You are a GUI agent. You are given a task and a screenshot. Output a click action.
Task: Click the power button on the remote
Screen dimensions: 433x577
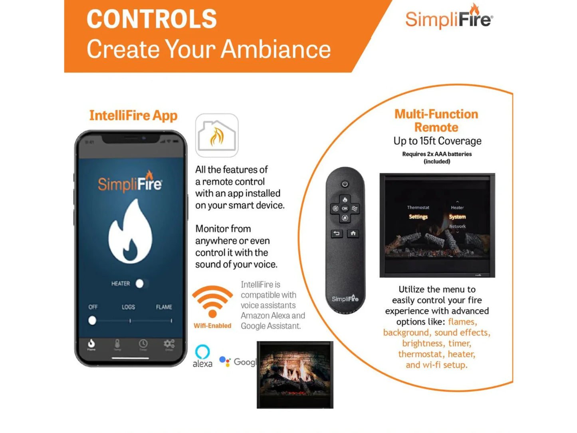pyautogui.click(x=345, y=184)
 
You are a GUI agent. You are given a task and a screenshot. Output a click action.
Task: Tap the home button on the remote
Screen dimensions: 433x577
pyautogui.click(x=353, y=233)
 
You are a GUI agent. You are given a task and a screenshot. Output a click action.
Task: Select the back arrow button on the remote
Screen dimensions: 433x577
pyautogui.click(x=337, y=233)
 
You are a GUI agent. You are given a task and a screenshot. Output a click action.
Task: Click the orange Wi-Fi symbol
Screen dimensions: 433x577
pyautogui.click(x=212, y=302)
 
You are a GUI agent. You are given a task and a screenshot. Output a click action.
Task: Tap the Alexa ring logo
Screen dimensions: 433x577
pyautogui.click(x=202, y=352)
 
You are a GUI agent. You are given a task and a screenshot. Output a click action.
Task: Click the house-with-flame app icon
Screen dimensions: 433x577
pyautogui.click(x=217, y=135)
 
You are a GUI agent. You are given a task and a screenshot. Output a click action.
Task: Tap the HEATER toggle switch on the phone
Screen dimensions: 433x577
pyautogui.click(x=141, y=283)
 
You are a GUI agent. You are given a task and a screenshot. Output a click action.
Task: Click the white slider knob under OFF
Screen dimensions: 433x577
pyautogui.click(x=92, y=320)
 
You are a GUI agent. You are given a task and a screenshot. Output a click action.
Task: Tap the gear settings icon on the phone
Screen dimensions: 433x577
pyautogui.click(x=169, y=344)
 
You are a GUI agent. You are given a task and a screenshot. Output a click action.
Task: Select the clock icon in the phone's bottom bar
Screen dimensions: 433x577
pyautogui.click(x=143, y=344)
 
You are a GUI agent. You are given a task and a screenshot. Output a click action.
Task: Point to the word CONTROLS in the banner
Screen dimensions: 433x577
pyautogui.click(x=152, y=19)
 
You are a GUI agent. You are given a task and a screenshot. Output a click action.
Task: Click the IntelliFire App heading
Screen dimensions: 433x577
pyautogui.click(x=133, y=115)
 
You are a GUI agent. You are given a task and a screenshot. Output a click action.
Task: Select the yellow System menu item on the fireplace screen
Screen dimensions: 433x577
pyautogui.click(x=457, y=216)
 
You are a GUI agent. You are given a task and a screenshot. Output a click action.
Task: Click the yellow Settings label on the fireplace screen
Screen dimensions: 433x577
pyautogui.click(x=418, y=216)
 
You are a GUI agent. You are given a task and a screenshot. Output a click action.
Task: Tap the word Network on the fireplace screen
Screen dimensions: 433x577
pyautogui.click(x=457, y=226)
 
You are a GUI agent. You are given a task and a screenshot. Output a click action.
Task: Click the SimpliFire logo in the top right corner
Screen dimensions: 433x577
pyautogui.click(x=449, y=18)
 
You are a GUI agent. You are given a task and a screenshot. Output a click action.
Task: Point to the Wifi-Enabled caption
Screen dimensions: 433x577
pyautogui.click(x=212, y=326)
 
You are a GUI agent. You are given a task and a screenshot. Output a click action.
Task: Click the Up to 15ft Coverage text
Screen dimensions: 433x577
pyautogui.click(x=437, y=141)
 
